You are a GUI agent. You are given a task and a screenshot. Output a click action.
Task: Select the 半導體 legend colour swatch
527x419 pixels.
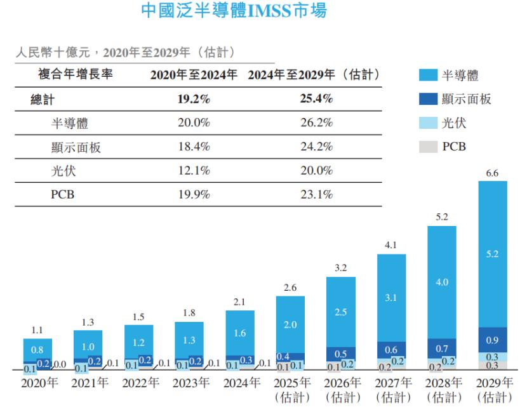[429, 76]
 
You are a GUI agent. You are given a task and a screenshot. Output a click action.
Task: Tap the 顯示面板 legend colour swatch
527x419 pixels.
[429, 100]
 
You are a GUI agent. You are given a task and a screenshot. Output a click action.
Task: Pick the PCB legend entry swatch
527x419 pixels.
[429, 147]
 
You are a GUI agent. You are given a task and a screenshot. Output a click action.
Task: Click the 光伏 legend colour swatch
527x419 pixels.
[429, 123]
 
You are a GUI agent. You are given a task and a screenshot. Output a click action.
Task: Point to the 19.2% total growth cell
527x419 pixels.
[194, 100]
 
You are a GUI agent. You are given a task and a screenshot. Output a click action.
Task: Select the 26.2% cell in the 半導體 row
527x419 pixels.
[316, 124]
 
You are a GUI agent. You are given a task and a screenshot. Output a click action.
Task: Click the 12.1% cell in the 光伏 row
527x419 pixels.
[194, 171]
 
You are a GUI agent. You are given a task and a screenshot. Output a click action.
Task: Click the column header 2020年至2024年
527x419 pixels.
[194, 75]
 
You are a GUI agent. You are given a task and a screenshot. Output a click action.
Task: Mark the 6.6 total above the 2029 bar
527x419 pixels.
[493, 173]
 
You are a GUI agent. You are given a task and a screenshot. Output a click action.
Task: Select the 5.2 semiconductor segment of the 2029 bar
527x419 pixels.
[493, 254]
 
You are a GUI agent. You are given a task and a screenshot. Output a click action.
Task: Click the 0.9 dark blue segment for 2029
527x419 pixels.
[493, 340]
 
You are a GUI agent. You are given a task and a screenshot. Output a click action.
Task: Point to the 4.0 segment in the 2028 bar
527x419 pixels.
[442, 282]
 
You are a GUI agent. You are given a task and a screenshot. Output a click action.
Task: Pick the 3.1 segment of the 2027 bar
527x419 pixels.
[391, 297]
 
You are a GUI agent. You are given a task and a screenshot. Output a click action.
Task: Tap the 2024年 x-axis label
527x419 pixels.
[241, 383]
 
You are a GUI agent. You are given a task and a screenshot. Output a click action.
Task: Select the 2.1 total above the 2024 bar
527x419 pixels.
[240, 302]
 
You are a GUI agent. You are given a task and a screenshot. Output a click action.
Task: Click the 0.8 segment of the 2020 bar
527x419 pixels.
[37, 349]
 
